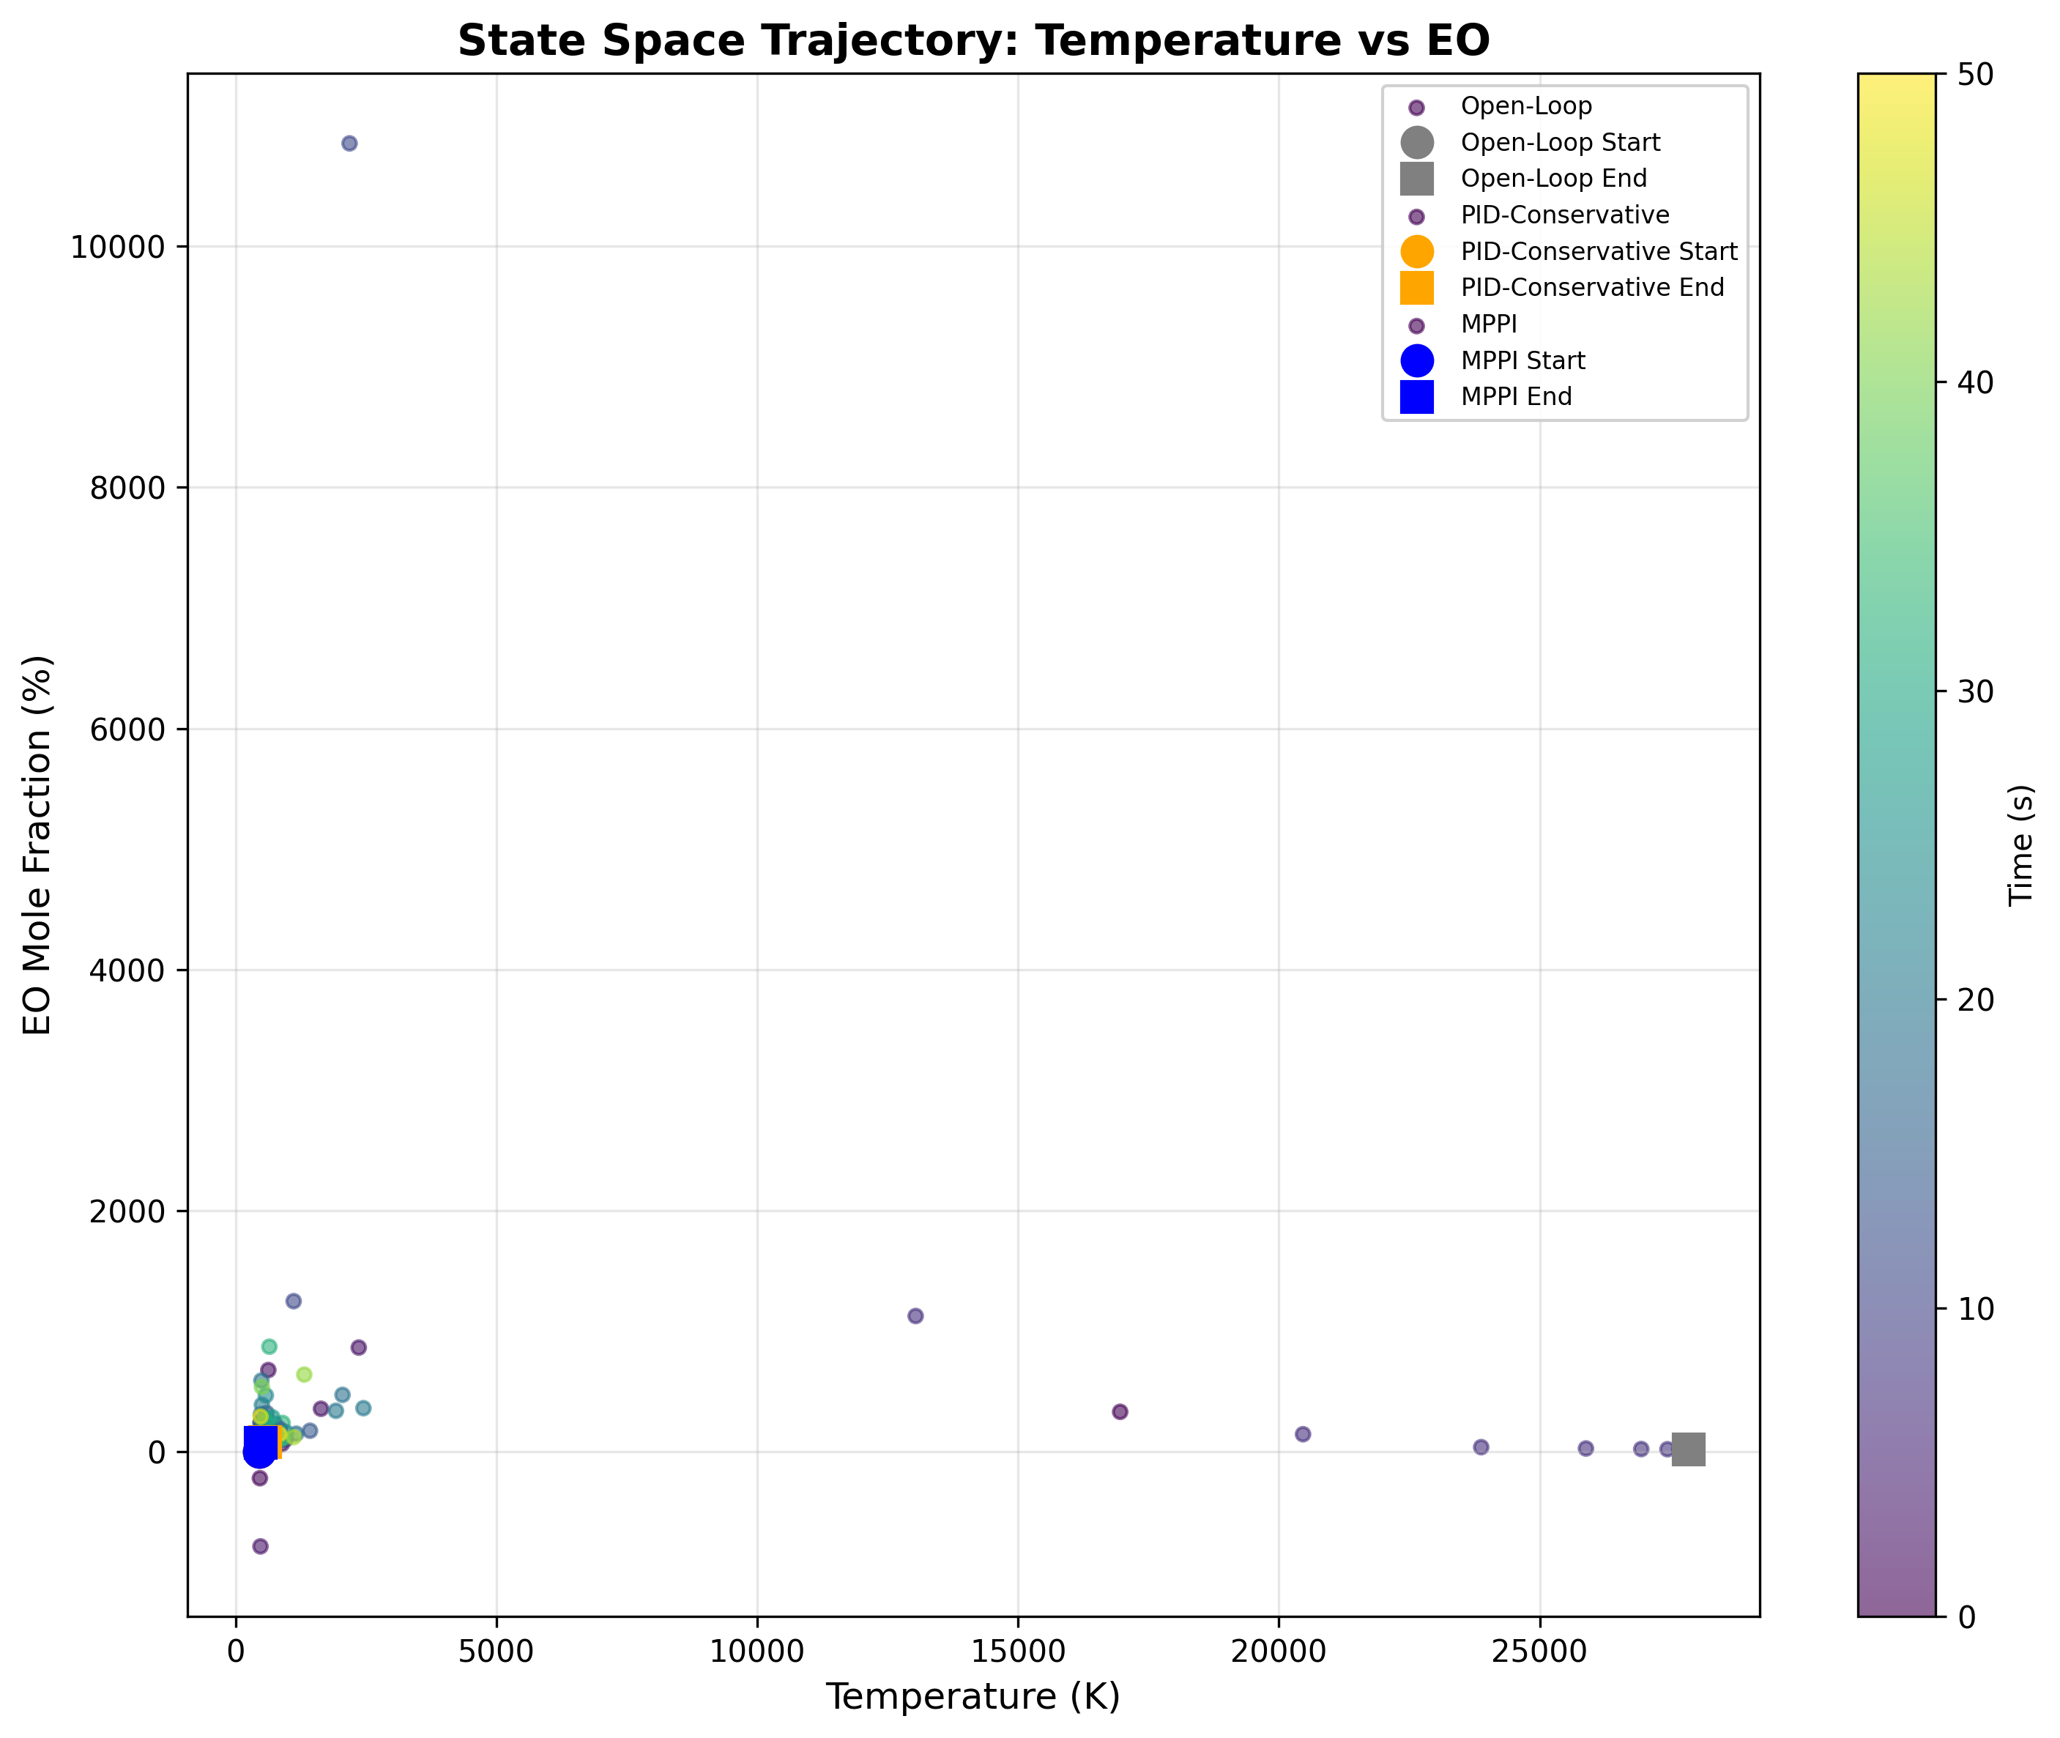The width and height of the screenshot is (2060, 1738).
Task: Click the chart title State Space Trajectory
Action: tap(973, 41)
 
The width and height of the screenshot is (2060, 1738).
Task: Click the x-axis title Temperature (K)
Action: tap(973, 1696)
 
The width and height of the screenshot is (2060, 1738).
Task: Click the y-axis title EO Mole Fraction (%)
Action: tap(37, 844)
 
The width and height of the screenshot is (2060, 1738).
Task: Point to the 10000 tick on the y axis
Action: tap(116, 248)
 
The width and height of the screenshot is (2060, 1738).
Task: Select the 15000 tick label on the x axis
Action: tap(1018, 1652)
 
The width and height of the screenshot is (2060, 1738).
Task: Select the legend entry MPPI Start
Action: tap(1522, 360)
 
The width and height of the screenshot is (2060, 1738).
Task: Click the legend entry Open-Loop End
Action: tap(1553, 178)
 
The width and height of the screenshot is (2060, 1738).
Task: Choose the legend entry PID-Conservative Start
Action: tap(1598, 251)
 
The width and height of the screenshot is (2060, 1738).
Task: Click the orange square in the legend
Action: tap(1417, 288)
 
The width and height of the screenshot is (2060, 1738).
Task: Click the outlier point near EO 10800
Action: tap(349, 144)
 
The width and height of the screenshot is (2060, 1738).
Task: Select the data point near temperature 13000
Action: tap(915, 1316)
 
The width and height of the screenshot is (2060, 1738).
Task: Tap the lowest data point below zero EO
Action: tap(260, 1547)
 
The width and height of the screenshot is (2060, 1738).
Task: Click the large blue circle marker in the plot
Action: tap(258, 1452)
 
